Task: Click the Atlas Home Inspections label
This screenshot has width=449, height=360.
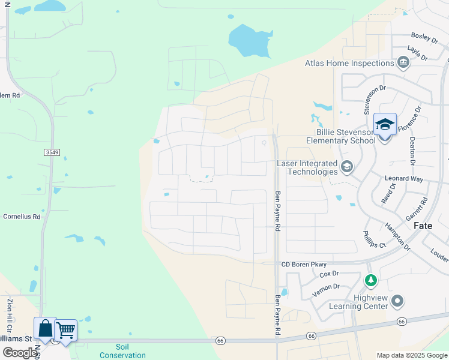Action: [348, 63]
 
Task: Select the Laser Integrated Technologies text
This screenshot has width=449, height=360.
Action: [307, 167]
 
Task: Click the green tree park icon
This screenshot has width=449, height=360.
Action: [371, 280]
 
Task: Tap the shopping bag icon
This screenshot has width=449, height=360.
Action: [45, 329]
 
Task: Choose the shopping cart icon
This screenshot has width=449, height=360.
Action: [65, 331]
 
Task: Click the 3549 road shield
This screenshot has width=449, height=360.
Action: [52, 152]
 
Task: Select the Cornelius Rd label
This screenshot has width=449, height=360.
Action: [22, 217]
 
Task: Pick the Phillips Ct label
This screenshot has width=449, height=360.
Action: [373, 240]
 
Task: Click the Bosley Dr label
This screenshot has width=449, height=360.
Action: [424, 37]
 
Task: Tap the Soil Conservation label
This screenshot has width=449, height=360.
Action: [122, 351]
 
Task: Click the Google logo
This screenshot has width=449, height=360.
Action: [19, 353]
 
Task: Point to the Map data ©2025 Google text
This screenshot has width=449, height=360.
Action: [411, 355]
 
